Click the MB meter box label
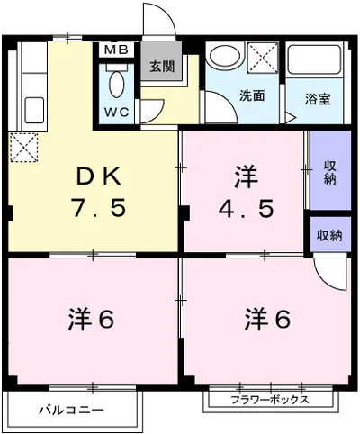point(116,50)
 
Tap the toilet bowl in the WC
point(116,84)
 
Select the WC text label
point(117,112)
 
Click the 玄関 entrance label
point(162,67)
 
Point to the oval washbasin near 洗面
point(224,56)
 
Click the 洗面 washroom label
point(252,95)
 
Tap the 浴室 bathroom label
point(318,99)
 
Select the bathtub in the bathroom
point(314,59)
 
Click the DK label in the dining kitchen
point(99,177)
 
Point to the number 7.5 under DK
point(98,208)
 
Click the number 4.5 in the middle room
point(246,208)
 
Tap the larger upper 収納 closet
point(330,170)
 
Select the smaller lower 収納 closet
point(330,234)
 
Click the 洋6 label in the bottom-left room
point(91,319)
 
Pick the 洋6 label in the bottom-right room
point(268,319)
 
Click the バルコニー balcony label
point(71,410)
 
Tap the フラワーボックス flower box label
point(270,400)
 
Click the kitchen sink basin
point(34,110)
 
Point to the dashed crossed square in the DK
point(23,148)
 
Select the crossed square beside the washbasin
point(263,58)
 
